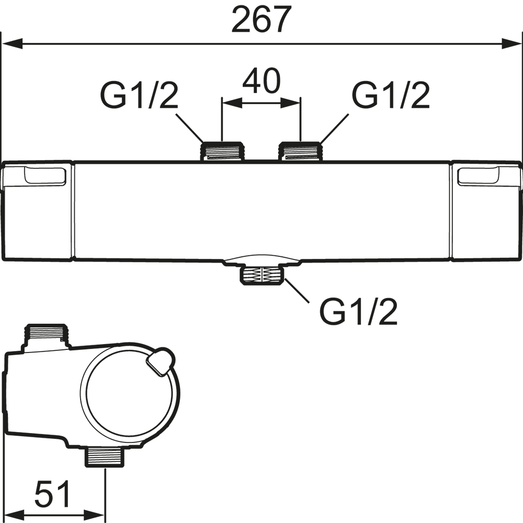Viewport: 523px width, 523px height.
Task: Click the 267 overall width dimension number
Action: click(x=260, y=20)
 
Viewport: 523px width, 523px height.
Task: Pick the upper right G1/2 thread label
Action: click(x=391, y=95)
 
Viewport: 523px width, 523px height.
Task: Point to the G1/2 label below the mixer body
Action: click(x=359, y=312)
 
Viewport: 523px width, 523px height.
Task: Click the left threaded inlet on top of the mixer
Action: click(x=222, y=151)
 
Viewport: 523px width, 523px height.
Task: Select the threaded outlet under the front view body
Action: click(x=261, y=274)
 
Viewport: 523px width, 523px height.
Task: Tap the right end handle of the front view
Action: click(x=486, y=211)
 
